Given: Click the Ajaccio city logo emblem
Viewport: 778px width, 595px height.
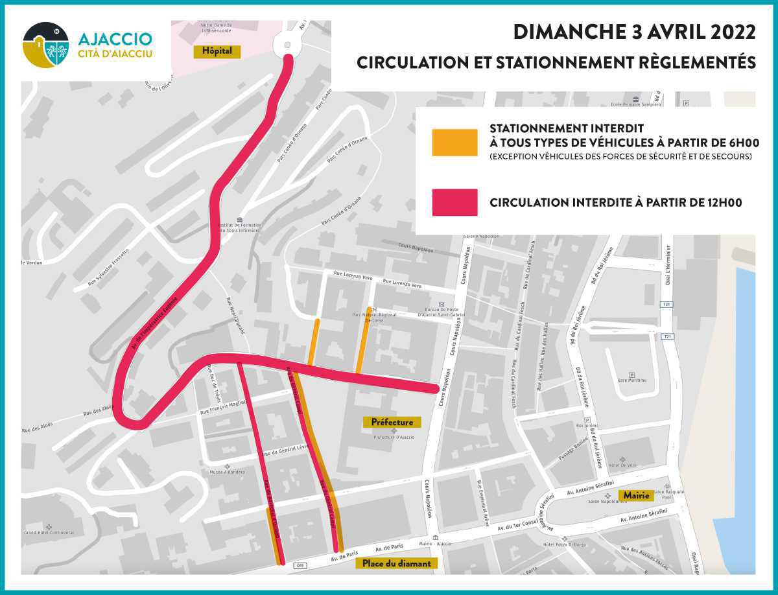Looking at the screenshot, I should pyautogui.click(x=45, y=45).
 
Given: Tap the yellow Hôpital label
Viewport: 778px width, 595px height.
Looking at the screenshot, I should pyautogui.click(x=217, y=51).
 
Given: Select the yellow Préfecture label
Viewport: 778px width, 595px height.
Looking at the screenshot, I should pyautogui.click(x=392, y=422).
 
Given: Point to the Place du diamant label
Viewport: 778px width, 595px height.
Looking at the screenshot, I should pyautogui.click(x=397, y=563).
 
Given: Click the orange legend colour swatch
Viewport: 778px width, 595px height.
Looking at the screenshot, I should pyautogui.click(x=454, y=143).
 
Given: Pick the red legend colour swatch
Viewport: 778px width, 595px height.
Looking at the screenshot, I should pyautogui.click(x=454, y=203).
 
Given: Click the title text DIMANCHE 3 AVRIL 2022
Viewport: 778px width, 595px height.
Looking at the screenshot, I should pyautogui.click(x=634, y=32).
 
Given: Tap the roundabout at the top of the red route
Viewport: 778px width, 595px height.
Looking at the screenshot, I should pyautogui.click(x=285, y=44).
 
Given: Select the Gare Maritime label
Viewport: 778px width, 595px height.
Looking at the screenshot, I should pyautogui.click(x=631, y=380).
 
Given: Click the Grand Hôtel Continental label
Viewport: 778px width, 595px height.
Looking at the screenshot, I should pyautogui.click(x=49, y=533).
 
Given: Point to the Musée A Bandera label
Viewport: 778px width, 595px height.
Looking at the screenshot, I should pyautogui.click(x=226, y=472).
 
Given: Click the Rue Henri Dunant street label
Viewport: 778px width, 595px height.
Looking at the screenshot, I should pyautogui.click(x=238, y=316).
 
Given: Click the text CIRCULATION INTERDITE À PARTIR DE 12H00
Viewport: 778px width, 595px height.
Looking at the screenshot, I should pyautogui.click(x=615, y=203).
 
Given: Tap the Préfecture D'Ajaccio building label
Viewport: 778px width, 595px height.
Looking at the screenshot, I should pyautogui.click(x=394, y=437).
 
